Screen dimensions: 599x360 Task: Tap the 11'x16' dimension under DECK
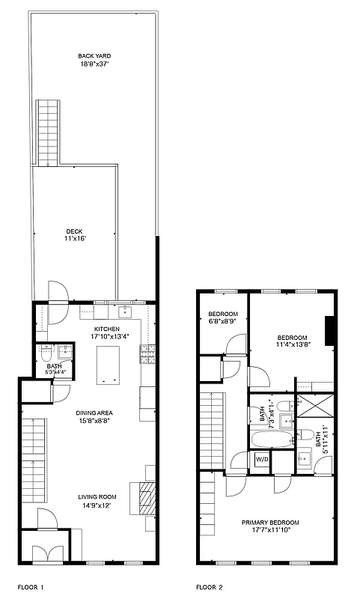tap(75, 239)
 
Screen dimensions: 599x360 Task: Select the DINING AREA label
tap(94, 413)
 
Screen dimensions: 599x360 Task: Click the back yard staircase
tap(47, 132)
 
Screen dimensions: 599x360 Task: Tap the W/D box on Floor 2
tap(262, 458)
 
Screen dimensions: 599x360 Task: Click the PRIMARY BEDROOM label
tap(270, 523)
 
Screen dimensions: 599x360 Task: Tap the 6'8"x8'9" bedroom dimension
tap(223, 321)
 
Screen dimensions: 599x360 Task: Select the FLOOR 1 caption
tap(31, 588)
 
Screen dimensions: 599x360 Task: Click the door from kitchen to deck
tap(57, 293)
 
